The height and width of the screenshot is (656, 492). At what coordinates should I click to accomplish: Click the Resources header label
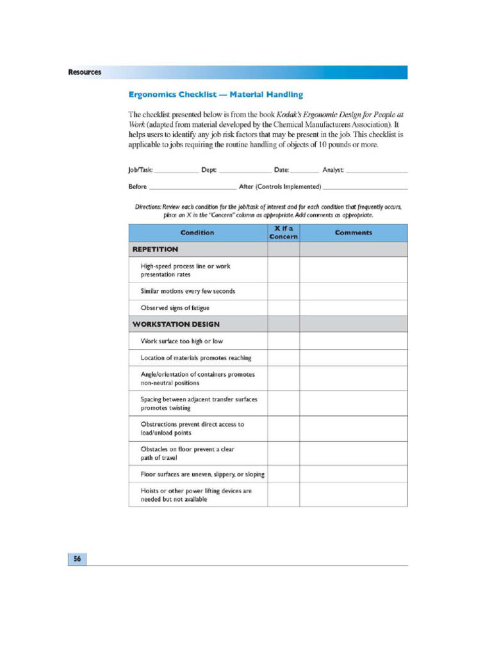click(x=85, y=72)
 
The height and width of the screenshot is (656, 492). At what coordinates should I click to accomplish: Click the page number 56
click(x=77, y=559)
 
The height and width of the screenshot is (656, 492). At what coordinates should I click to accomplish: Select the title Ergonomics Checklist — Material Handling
click(x=215, y=95)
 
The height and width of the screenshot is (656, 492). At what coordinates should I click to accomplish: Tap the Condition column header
click(x=197, y=233)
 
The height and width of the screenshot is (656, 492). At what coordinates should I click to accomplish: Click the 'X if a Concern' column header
click(x=283, y=233)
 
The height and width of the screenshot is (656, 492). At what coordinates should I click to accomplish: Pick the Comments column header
click(x=353, y=233)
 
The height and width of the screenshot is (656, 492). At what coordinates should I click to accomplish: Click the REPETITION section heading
click(x=155, y=249)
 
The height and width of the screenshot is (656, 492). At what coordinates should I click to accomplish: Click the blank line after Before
click(x=192, y=187)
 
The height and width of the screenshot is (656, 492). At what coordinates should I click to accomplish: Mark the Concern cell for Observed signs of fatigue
click(x=283, y=308)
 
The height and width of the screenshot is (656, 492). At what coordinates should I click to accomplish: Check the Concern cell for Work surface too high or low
click(x=283, y=341)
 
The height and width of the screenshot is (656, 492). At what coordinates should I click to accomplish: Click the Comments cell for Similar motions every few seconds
click(x=353, y=291)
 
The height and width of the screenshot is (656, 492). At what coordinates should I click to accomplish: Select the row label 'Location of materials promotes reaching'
click(x=196, y=357)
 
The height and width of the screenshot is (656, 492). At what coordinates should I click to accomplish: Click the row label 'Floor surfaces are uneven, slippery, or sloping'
click(x=202, y=474)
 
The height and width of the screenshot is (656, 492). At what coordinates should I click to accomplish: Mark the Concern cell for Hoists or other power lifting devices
click(x=283, y=495)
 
